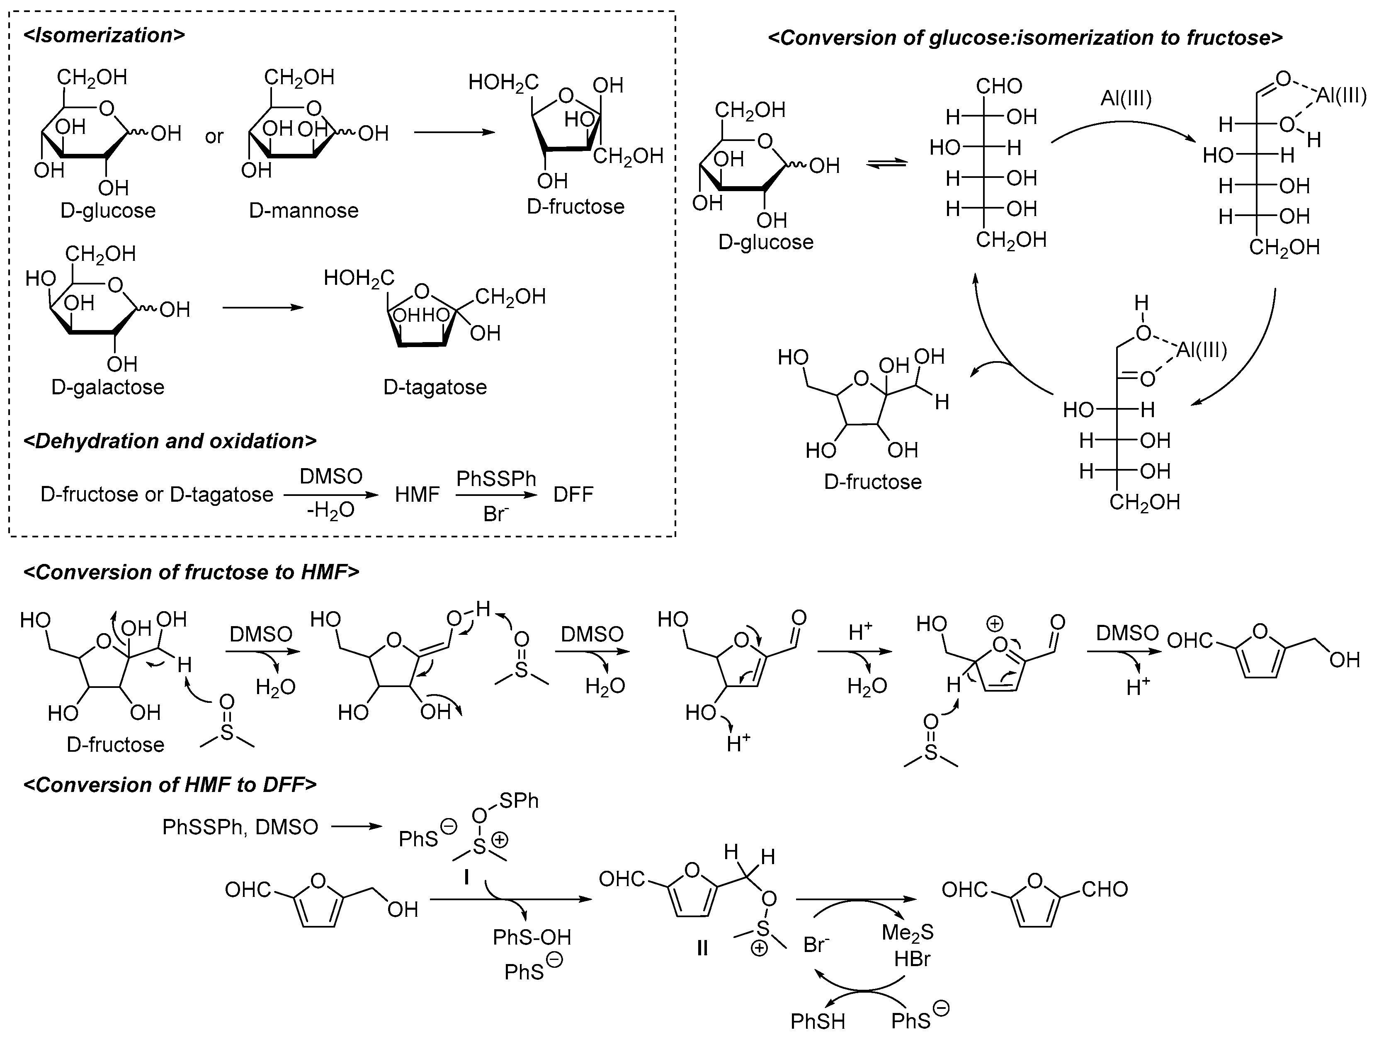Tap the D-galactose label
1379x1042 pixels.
(x=108, y=387)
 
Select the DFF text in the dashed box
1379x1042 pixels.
(x=573, y=495)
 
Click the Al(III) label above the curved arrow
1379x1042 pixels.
(x=1126, y=99)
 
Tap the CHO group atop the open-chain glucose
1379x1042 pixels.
(x=999, y=86)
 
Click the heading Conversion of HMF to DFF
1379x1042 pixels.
(x=170, y=785)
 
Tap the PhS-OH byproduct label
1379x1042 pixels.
(x=532, y=937)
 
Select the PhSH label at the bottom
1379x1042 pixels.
(x=818, y=1021)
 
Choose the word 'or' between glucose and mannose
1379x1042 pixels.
(x=214, y=136)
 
